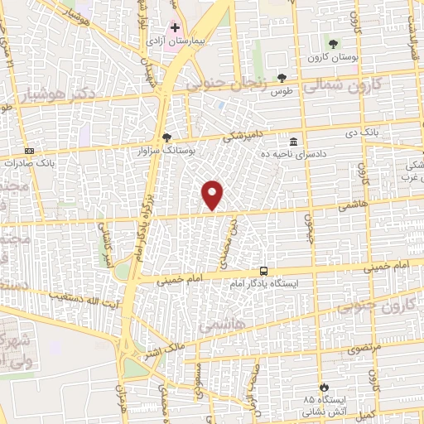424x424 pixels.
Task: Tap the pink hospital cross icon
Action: tap(175, 27)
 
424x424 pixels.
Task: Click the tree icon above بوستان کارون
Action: tap(333, 43)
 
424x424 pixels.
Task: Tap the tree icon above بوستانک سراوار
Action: tap(167, 137)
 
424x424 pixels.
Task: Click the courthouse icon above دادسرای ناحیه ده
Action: tap(295, 140)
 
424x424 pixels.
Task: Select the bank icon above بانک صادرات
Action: tap(30, 151)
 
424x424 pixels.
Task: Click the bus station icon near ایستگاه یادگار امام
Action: tap(263, 270)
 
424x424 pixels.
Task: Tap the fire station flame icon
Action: tap(324, 387)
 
